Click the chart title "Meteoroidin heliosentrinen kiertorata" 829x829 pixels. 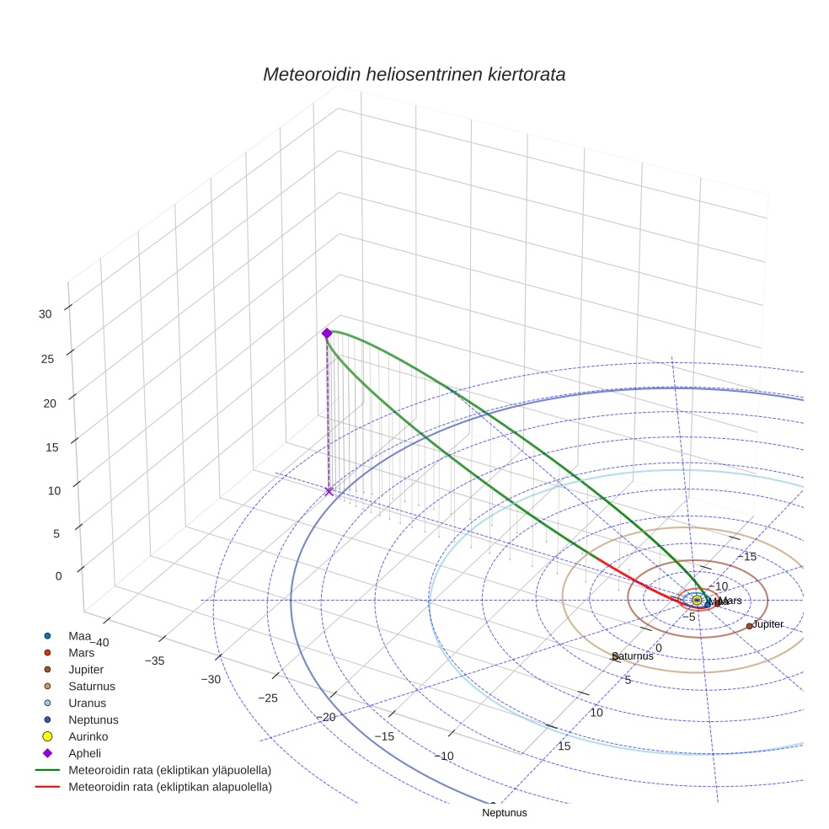point(414,74)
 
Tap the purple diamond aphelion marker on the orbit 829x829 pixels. point(327,334)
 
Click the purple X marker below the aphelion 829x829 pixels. point(329,490)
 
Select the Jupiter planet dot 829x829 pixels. point(749,626)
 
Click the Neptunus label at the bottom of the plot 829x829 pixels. point(504,813)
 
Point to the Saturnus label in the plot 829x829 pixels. point(633,656)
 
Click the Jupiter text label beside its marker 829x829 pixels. point(768,624)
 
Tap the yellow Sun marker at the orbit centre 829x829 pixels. point(697,600)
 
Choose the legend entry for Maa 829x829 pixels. point(79,635)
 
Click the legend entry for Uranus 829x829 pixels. point(87,703)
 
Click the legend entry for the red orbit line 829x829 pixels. point(169,787)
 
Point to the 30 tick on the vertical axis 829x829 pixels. point(45,314)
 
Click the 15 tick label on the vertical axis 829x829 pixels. point(52,447)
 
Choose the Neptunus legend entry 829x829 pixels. point(93,719)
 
